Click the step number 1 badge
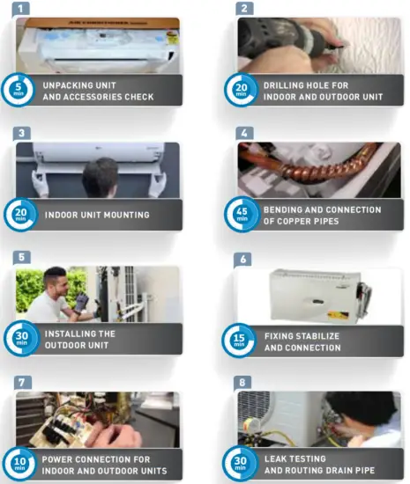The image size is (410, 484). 24,9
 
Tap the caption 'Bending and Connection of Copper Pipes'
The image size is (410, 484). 322,216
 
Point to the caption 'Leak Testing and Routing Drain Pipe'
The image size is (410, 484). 321,465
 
